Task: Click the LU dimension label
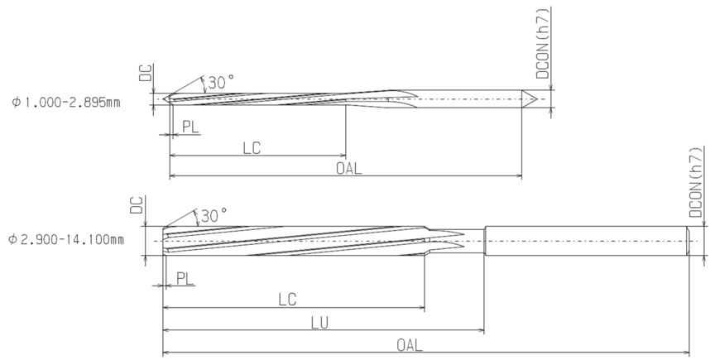(319, 323)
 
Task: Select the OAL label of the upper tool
(349, 168)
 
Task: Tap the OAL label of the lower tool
(410, 345)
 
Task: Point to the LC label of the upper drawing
(252, 148)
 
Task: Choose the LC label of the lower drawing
(287, 300)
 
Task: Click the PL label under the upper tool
(191, 127)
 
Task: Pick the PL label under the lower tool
(185, 278)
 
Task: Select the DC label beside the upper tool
(145, 73)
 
